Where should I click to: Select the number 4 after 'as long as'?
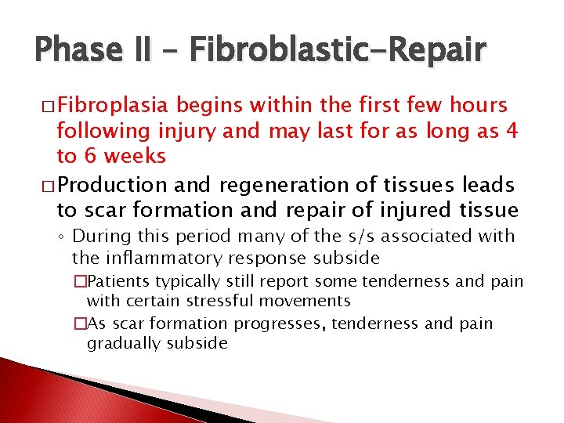tap(512, 130)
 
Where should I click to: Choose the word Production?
tap(112, 185)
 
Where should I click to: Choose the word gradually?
tap(124, 342)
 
